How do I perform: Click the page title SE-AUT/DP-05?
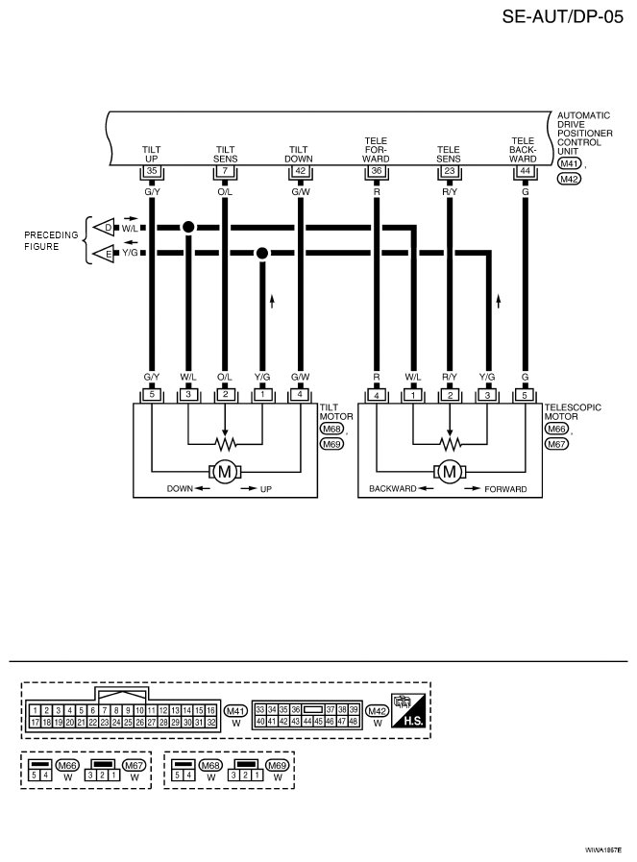pos(563,16)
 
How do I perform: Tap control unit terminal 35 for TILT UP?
pos(152,171)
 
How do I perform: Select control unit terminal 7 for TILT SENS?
pos(225,171)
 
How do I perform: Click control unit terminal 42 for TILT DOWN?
pos(300,171)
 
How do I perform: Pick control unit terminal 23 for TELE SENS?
pos(450,171)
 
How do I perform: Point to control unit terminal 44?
pos(525,171)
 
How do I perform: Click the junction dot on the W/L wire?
pos(188,227)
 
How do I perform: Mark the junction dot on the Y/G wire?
pos(262,253)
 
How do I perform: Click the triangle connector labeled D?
pos(105,227)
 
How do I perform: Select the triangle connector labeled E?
pos(105,254)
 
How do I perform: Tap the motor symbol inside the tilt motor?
pos(225,471)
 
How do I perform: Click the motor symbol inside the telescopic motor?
pos(450,471)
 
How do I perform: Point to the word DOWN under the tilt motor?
pos(180,489)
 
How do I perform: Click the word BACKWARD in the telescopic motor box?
pos(392,489)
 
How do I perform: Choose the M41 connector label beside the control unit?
pos(570,163)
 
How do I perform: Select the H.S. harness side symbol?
pos(407,710)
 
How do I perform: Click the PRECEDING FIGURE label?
pos(51,241)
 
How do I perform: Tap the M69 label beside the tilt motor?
pos(331,444)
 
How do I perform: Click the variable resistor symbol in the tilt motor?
pos(225,443)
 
